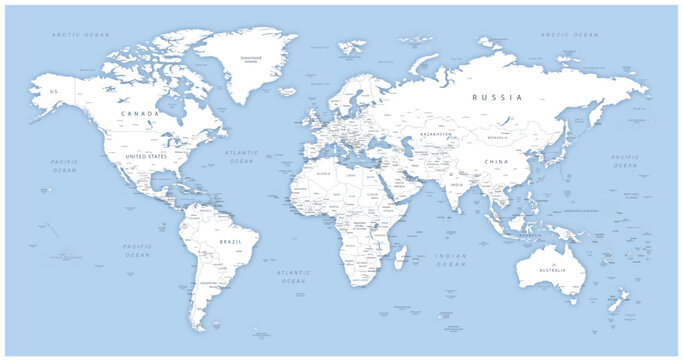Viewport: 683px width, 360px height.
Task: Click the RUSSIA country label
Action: [496, 98]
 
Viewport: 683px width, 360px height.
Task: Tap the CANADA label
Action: [139, 114]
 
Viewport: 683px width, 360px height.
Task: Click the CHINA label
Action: [497, 161]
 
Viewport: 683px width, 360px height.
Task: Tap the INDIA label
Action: [456, 184]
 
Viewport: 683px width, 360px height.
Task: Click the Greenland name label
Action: [251, 58]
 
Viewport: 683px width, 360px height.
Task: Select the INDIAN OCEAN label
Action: [451, 261]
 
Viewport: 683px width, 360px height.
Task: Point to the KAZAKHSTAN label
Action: [436, 134]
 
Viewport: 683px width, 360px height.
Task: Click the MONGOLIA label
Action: [498, 137]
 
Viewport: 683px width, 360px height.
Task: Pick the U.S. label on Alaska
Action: [56, 91]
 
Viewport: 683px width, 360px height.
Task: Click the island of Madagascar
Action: [402, 257]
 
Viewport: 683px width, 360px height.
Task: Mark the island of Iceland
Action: [288, 91]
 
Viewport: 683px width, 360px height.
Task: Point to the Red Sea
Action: [381, 186]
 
